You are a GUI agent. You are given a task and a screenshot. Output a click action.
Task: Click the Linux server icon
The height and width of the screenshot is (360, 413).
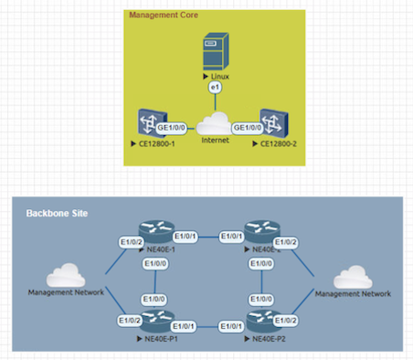coord(214,51)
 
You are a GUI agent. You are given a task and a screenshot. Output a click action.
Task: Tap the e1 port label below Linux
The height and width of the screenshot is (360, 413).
coord(215,88)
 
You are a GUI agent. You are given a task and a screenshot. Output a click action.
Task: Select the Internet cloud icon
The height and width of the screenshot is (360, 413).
coord(215,124)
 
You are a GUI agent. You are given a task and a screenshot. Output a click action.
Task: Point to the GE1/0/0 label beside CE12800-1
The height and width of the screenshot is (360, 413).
coord(173,129)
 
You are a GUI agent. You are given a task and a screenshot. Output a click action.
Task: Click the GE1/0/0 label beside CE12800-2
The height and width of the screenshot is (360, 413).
coord(249,129)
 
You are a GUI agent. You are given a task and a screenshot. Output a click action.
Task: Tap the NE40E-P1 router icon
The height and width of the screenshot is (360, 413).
coord(152,321)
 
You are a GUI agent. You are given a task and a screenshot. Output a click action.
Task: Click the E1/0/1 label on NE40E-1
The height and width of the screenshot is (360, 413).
coord(184,237)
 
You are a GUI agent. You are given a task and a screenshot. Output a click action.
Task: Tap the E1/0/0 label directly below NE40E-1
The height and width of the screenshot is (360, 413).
coord(155,264)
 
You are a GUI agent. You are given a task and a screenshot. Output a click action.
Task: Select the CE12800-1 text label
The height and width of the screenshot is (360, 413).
coord(154,144)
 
